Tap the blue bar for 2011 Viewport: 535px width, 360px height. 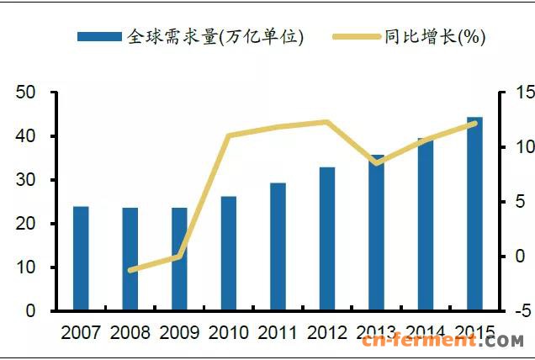point(278,246)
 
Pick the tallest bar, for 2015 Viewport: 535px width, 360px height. point(474,214)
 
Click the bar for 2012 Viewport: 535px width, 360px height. point(327,239)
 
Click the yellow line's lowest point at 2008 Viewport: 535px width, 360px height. point(130,271)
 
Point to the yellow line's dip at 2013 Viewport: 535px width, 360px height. point(377,162)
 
